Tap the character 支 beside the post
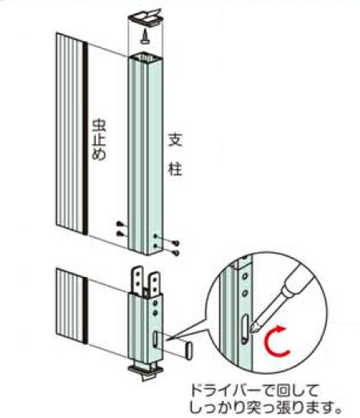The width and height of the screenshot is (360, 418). (175, 139)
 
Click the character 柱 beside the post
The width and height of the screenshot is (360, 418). (175, 168)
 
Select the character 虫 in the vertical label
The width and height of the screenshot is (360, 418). (99, 127)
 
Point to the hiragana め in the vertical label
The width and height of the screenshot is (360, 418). (99, 154)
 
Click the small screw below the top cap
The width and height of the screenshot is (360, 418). (145, 36)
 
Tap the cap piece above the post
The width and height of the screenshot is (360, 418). (145, 18)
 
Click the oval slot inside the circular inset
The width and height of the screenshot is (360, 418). (245, 328)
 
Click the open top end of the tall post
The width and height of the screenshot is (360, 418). (145, 56)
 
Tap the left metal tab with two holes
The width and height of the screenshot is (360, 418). (138, 280)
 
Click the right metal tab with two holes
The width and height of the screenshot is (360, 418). (154, 284)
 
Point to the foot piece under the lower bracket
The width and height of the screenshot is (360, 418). (146, 371)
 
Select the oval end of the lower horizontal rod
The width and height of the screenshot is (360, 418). (189, 351)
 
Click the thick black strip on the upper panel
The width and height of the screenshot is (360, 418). (85, 139)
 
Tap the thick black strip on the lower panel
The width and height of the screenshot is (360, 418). (85, 311)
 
